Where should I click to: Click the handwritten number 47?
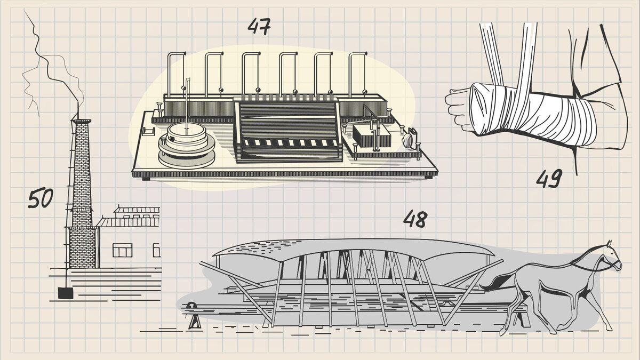pyautogui.click(x=259, y=27)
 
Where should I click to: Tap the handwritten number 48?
pyautogui.click(x=415, y=219)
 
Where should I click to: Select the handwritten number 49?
pyautogui.click(x=549, y=179)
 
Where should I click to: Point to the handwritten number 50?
pyautogui.click(x=41, y=198)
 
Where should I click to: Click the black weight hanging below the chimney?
pyautogui.click(x=66, y=293)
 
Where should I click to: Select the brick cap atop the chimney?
pyautogui.click(x=82, y=122)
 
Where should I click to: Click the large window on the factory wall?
pyautogui.click(x=122, y=250)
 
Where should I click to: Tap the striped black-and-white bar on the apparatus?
pyautogui.click(x=290, y=142)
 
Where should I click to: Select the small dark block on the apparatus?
pyautogui.click(x=371, y=137)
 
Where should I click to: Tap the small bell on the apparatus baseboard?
pyautogui.click(x=409, y=140)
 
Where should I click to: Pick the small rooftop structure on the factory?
pyautogui.click(x=137, y=211)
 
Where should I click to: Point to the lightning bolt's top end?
pyautogui.click(x=25, y=11)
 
